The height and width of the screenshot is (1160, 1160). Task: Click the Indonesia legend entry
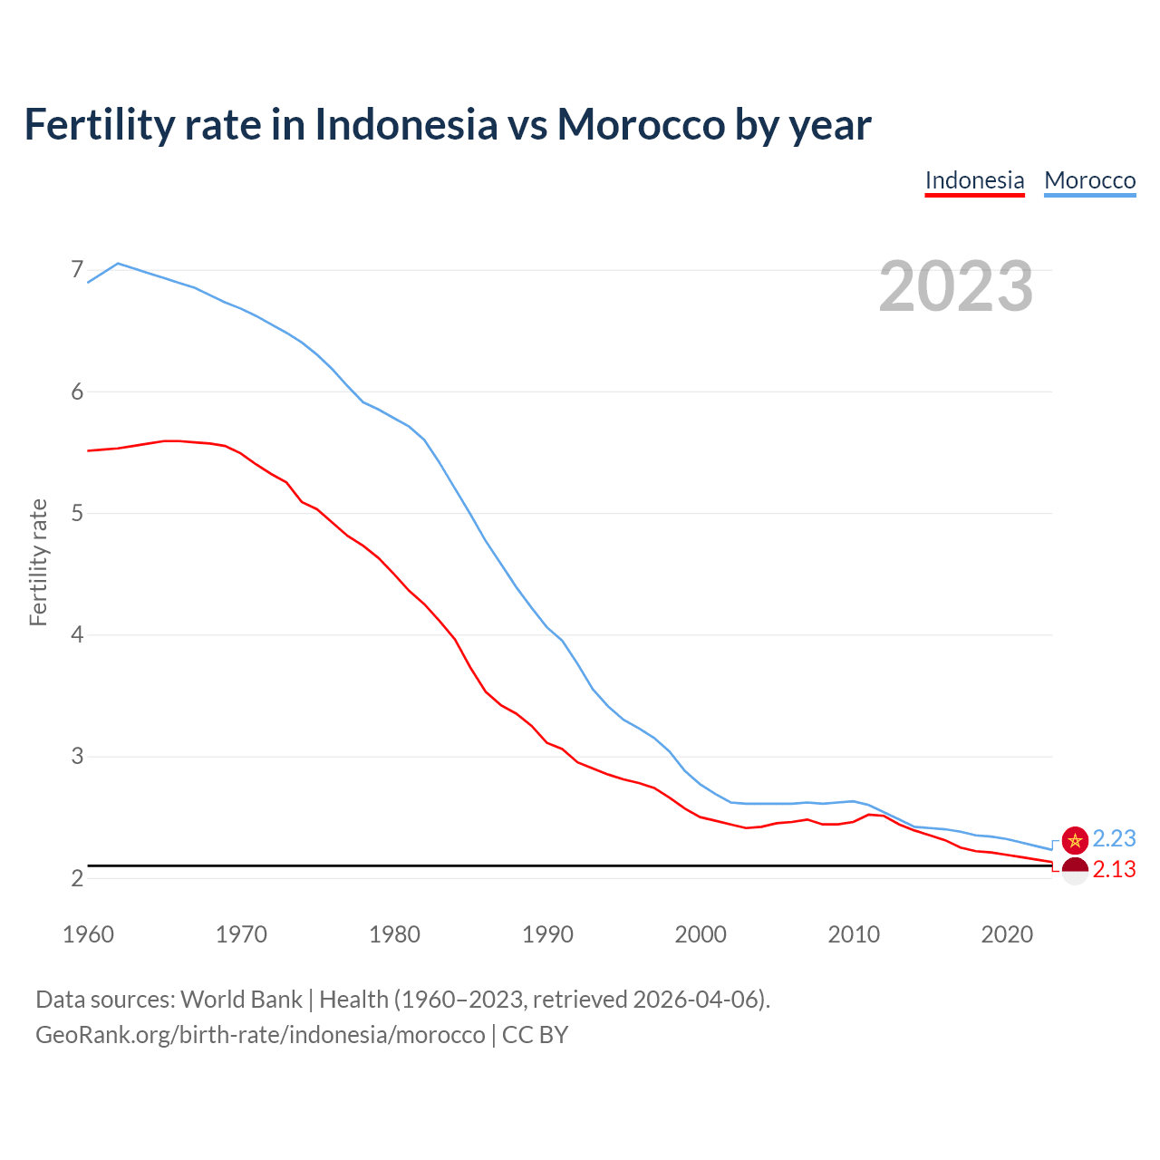pyautogui.click(x=974, y=180)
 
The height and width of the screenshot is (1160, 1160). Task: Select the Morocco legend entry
pyautogui.click(x=1089, y=180)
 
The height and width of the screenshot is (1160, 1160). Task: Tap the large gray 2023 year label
pyautogui.click(x=956, y=286)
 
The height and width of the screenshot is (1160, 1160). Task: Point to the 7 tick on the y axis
pyautogui.click(x=77, y=270)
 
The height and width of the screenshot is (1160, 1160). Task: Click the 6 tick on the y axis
pyautogui.click(x=77, y=391)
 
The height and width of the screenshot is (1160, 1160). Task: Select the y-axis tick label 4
pyautogui.click(x=77, y=634)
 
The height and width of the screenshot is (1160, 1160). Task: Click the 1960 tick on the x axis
pyautogui.click(x=88, y=934)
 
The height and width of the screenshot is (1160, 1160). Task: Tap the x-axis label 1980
pyautogui.click(x=394, y=934)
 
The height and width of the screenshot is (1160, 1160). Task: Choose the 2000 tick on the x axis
pyautogui.click(x=701, y=934)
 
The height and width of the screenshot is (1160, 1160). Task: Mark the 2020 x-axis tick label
pyautogui.click(x=1007, y=934)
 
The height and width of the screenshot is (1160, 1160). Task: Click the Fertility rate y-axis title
pyautogui.click(x=38, y=562)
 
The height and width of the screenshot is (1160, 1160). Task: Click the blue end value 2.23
pyautogui.click(x=1114, y=839)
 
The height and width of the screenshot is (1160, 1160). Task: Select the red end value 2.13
pyautogui.click(x=1114, y=870)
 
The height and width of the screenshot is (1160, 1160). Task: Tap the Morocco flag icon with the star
pyautogui.click(x=1075, y=840)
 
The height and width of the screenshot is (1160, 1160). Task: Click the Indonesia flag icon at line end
pyautogui.click(x=1075, y=871)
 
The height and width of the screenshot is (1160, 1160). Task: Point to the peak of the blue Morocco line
pyautogui.click(x=118, y=264)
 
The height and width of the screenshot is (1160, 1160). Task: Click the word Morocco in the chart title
pyautogui.click(x=641, y=124)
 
